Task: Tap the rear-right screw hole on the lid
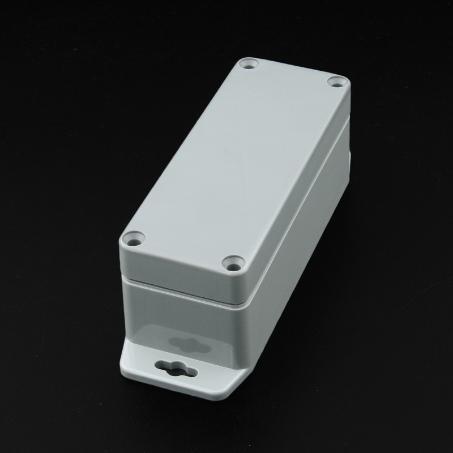click(336, 83)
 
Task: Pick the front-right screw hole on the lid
click(233, 263)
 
